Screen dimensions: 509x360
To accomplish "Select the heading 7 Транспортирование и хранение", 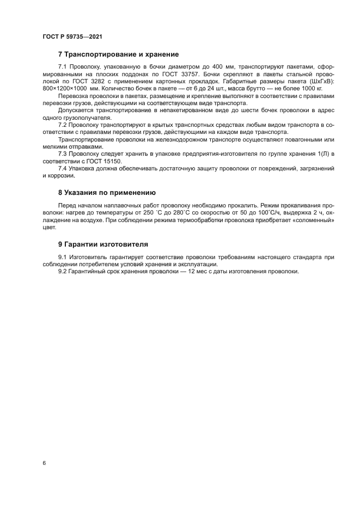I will tap(118, 54).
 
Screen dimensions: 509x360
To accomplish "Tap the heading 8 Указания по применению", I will tap(107, 192).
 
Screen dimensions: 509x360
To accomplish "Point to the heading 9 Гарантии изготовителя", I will tap(102, 244).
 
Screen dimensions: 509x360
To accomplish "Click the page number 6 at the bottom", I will tap(44, 463).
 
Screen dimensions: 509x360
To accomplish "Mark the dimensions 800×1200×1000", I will tap(65, 88).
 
